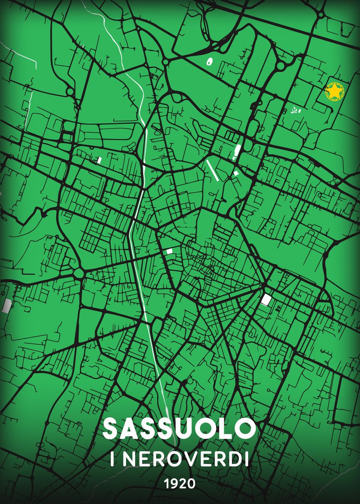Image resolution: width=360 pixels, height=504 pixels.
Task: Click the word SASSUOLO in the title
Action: click(x=179, y=429)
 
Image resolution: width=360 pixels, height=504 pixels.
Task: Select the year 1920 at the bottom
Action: click(x=180, y=484)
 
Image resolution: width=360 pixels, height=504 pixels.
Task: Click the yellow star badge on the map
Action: click(x=335, y=91)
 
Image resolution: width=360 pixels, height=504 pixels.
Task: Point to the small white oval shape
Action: click(x=209, y=62)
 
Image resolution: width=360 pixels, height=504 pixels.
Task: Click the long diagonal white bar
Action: click(x=212, y=170)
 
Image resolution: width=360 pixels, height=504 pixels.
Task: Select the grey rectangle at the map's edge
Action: click(x=6, y=305)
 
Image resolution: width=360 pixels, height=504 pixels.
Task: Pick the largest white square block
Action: click(x=266, y=300)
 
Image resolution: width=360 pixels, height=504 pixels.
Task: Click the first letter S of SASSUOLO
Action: click(x=111, y=429)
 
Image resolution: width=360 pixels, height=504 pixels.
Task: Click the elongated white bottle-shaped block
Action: click(x=237, y=151)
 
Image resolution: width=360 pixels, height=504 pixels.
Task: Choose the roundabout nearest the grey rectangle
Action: click(x=79, y=273)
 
